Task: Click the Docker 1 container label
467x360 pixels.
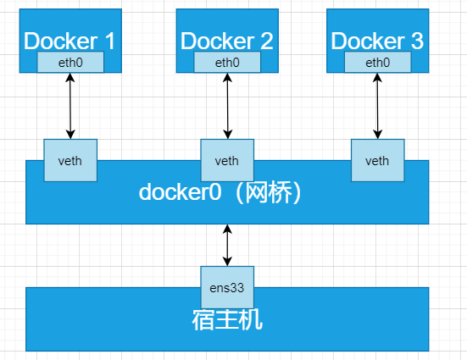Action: [x=71, y=40]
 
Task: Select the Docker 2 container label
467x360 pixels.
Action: [x=227, y=40]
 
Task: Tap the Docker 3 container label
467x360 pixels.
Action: [x=376, y=40]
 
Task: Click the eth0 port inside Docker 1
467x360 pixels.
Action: [x=70, y=63]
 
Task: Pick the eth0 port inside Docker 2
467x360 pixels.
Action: [x=227, y=63]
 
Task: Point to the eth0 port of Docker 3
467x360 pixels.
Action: [x=377, y=63]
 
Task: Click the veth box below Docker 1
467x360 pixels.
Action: [x=70, y=161]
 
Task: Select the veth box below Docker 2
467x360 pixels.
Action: [x=227, y=161]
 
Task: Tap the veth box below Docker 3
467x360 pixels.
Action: [x=377, y=161]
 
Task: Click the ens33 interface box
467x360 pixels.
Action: [x=227, y=287]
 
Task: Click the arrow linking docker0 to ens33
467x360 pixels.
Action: [x=227, y=245]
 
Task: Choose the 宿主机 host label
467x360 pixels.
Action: [x=227, y=321]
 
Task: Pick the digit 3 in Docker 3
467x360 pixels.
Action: [x=416, y=40]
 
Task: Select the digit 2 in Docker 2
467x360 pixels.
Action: [x=266, y=40]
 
